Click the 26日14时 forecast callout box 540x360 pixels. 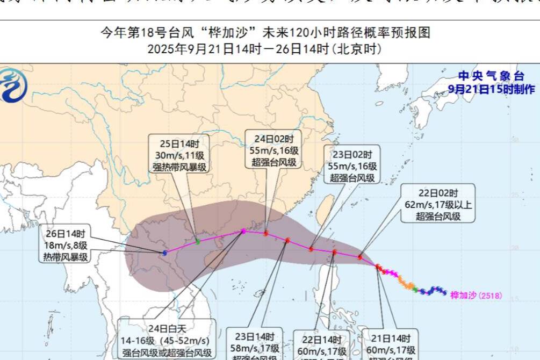click(x=65, y=245)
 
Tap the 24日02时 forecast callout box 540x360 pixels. click(x=273, y=149)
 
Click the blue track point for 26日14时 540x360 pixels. click(x=165, y=253)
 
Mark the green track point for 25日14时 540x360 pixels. click(x=198, y=242)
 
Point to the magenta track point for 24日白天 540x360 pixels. click(x=243, y=231)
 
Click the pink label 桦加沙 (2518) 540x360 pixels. click(x=476, y=295)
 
